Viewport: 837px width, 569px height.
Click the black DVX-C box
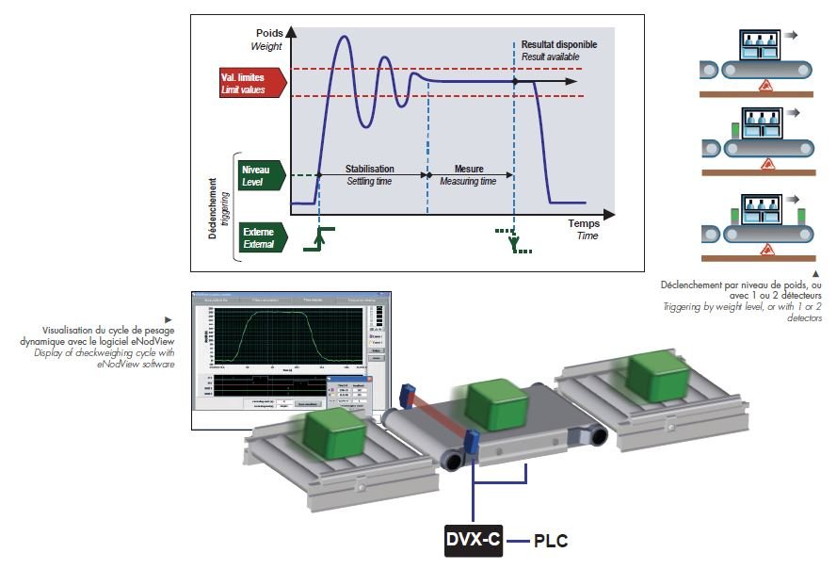coord(473,541)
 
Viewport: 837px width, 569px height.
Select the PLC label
coord(551,542)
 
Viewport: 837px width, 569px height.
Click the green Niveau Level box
coord(259,175)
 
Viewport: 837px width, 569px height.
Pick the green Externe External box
coord(259,236)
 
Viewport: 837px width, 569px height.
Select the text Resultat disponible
coord(559,44)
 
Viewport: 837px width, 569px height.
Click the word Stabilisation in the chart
coord(370,169)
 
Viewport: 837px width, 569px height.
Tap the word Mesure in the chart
coord(468,169)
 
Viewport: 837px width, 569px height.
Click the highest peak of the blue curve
coord(343,38)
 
